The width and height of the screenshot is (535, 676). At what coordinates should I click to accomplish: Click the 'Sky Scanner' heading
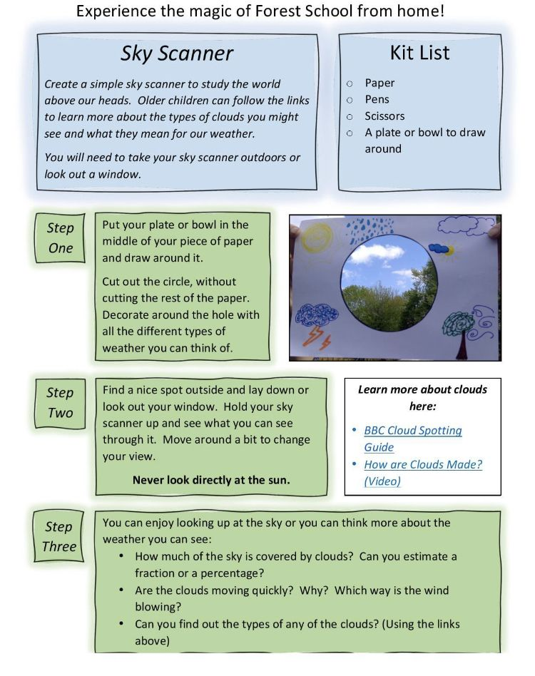coord(176,53)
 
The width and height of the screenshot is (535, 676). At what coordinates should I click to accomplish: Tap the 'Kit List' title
coord(419,52)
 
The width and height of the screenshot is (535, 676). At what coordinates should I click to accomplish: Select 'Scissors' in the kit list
coord(384,116)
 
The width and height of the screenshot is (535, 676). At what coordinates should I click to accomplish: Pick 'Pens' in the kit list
coord(377,99)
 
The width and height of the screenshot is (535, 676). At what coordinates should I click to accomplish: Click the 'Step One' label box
coord(61,237)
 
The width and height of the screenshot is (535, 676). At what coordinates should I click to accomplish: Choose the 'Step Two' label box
coord(61,402)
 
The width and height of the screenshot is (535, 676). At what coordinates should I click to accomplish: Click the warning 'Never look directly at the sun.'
coord(211,480)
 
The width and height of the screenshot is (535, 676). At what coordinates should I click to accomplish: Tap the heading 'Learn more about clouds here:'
coord(422,397)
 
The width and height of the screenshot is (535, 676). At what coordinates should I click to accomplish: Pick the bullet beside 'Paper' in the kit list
coord(350,83)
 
